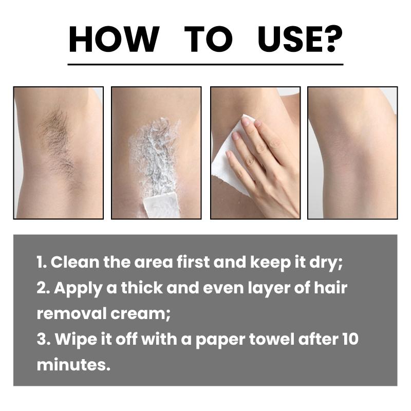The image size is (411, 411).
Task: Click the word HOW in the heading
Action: click(114, 39)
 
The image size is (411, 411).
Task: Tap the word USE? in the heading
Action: click(300, 39)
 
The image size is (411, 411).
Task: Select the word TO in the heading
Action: click(209, 39)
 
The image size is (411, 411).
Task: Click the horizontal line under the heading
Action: click(206, 64)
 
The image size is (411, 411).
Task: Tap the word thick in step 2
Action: click(142, 288)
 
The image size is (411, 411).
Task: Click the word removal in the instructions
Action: click(71, 313)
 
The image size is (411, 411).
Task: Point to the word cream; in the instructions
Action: click(140, 314)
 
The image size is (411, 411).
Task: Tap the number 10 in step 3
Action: click(350, 339)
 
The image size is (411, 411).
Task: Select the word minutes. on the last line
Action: click(73, 365)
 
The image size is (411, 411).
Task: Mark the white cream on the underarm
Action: click(155, 157)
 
